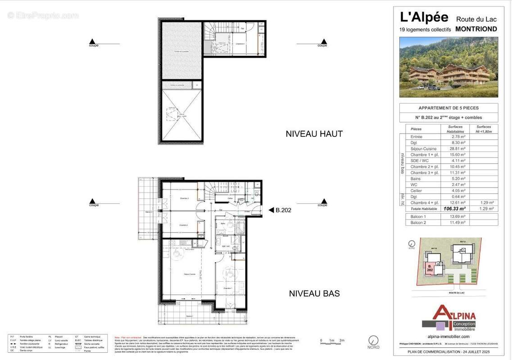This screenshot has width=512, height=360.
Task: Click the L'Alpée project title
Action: pyautogui.click(x=424, y=18)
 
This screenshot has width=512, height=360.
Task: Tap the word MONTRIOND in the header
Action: pyautogui.click(x=476, y=29)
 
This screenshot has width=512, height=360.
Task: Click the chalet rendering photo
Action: pyautogui.click(x=449, y=67)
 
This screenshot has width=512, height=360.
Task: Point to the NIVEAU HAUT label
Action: pyautogui.click(x=314, y=134)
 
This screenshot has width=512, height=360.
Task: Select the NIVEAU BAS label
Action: pyautogui.click(x=314, y=293)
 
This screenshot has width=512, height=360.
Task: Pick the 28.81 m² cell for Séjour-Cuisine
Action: pyautogui.click(x=455, y=148)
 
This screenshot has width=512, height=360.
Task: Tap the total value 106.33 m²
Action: pyautogui.click(x=455, y=209)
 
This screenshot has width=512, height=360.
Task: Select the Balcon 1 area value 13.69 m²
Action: pyautogui.click(x=455, y=216)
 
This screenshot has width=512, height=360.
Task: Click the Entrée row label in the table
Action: pyautogui.click(x=417, y=136)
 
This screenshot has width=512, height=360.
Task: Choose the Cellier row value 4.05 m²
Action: pyautogui.click(x=455, y=191)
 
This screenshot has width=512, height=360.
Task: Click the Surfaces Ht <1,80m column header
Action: pyautogui.click(x=484, y=129)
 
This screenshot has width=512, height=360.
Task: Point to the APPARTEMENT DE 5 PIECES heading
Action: pyautogui.click(x=449, y=108)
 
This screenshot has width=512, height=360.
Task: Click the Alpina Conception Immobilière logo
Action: pyautogui.click(x=449, y=318)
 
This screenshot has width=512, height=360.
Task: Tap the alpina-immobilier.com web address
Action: pyautogui.click(x=449, y=337)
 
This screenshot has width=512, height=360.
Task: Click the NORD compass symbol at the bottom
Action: pyautogui.click(x=373, y=341)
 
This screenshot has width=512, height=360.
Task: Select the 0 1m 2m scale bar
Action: pyautogui.click(x=332, y=341)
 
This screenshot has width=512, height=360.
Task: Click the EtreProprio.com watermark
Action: pyautogui.click(x=43, y=16)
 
